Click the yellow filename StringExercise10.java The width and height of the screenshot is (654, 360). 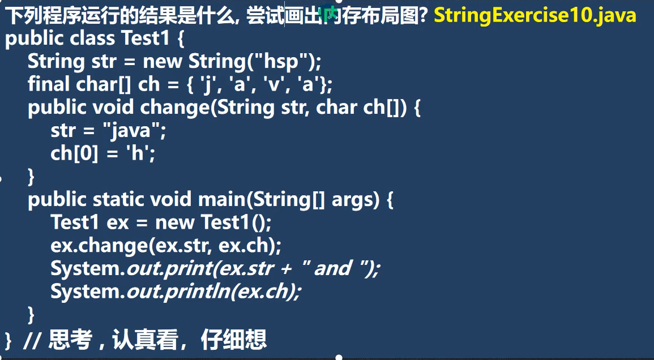tap(535, 15)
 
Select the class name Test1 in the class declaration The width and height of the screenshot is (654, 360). tap(145, 38)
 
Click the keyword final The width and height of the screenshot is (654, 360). tap(48, 84)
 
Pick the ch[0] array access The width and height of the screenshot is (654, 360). tap(74, 153)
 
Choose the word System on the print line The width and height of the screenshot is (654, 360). tap(85, 268)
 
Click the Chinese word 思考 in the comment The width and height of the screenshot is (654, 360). tap(70, 339)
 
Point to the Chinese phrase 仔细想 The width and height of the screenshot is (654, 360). tap(233, 339)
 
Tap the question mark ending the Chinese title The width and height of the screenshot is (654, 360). tap(423, 16)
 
